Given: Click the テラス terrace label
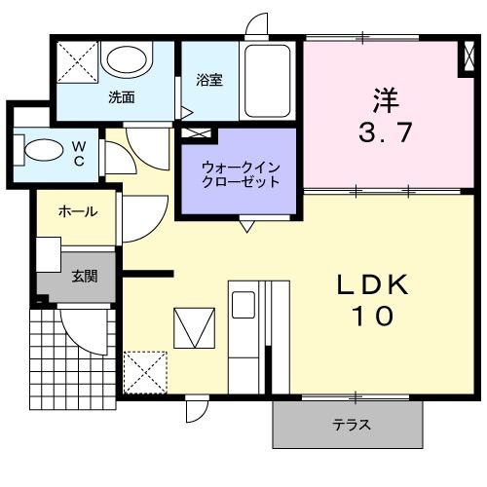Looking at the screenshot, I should point(352,425).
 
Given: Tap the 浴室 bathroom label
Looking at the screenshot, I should point(208,81).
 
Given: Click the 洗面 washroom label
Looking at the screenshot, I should point(121,97).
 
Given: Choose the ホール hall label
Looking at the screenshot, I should point(77,211).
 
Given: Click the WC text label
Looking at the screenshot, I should point(79,154).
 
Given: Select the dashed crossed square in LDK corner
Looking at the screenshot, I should point(146,371).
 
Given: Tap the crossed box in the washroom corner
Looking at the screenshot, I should point(76,61).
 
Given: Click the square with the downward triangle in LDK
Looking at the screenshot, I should point(195,325).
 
